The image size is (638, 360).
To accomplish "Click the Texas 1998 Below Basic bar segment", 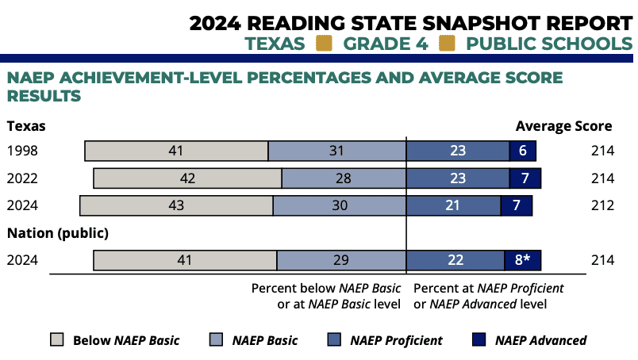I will [x=176, y=151].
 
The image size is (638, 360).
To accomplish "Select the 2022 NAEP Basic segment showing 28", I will [x=344, y=178].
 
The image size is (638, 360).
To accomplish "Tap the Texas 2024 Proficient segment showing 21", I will [x=453, y=205].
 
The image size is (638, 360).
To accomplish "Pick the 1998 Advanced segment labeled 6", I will [x=523, y=151].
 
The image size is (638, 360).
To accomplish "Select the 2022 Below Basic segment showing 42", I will [x=187, y=178].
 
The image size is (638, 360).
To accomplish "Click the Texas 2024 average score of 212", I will [x=602, y=205].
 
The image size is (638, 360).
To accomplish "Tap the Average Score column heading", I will [x=563, y=125].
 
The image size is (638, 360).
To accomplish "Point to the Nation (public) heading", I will [x=57, y=233].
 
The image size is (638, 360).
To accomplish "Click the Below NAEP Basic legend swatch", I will [x=56, y=340].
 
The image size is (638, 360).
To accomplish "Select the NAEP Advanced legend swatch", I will [x=478, y=340].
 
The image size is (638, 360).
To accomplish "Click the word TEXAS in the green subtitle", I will [x=275, y=43].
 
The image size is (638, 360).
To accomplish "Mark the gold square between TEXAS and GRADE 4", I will [x=324, y=43].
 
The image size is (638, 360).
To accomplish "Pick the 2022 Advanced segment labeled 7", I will [x=525, y=178].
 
